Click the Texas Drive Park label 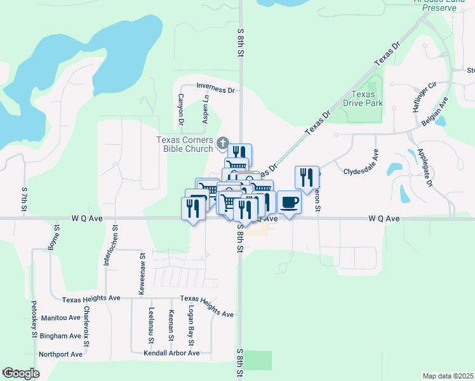pyautogui.click(x=363, y=98)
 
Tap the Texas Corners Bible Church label pyautogui.click(x=185, y=144)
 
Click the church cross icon pyautogui.click(x=222, y=144)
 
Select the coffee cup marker pyautogui.click(x=289, y=203)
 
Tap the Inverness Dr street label pyautogui.click(x=215, y=88)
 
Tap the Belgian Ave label pyautogui.click(x=438, y=109)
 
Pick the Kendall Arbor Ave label pyautogui.click(x=171, y=353)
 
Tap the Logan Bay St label pyautogui.click(x=190, y=323)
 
